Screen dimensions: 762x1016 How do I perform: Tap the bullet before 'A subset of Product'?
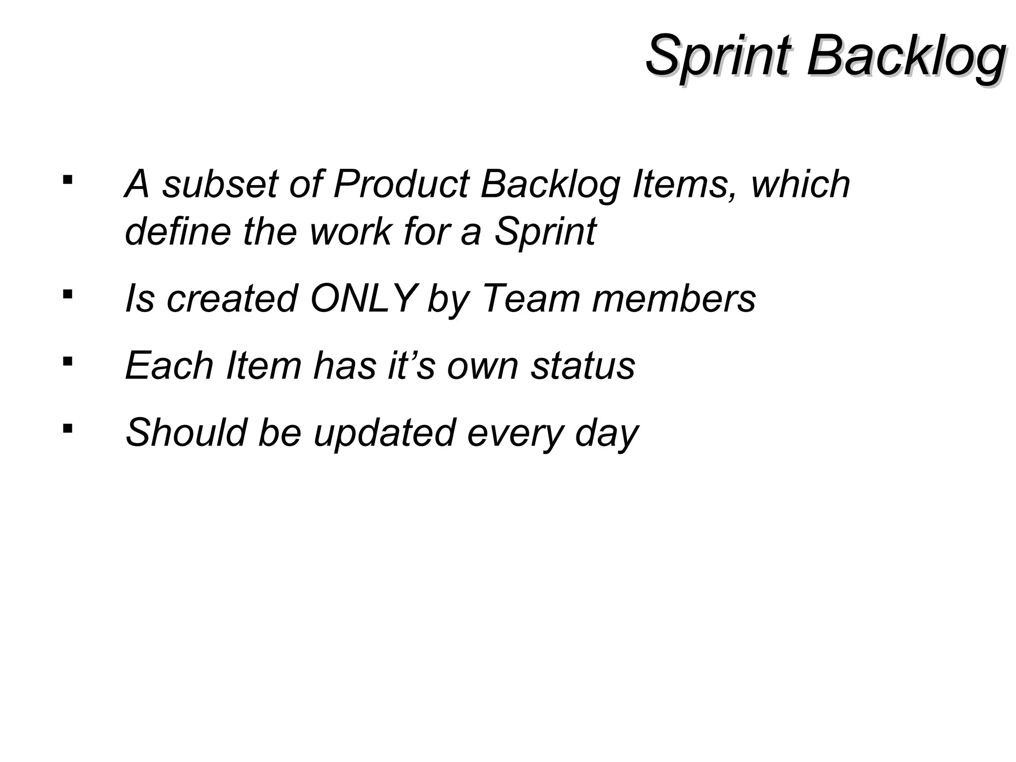[67, 179]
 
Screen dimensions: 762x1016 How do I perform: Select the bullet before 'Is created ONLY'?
[67, 294]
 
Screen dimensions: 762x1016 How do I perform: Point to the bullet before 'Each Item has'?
[67, 361]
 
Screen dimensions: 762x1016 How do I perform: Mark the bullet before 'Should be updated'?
[67, 427]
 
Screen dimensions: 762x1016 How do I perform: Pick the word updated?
[384, 433]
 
